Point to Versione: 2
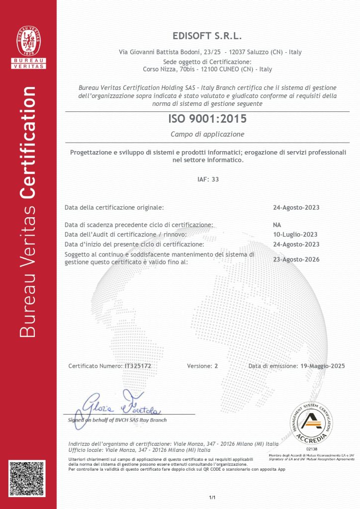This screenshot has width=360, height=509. click(202, 366)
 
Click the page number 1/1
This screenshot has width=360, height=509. click(212, 497)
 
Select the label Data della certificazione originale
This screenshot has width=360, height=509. click(114, 207)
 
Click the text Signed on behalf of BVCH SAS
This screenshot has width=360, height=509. click(117, 420)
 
